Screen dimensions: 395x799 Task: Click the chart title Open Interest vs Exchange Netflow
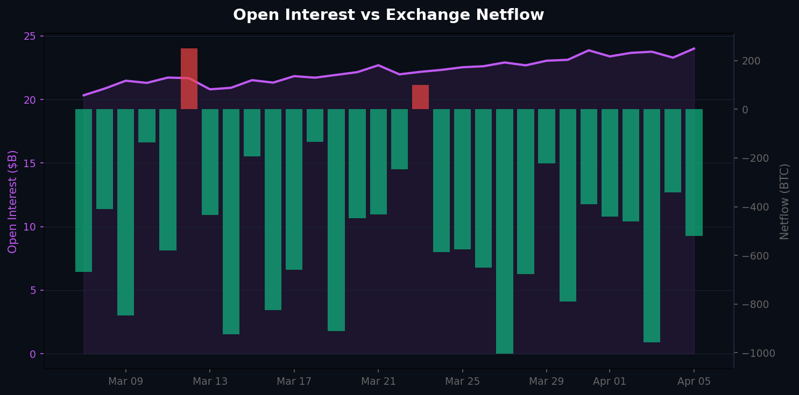tap(388, 15)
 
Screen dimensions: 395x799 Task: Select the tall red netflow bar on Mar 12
tap(189, 78)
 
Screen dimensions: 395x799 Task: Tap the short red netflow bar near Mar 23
tap(420, 97)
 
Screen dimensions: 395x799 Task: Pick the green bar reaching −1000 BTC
tap(504, 231)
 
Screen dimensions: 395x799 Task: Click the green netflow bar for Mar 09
tap(125, 212)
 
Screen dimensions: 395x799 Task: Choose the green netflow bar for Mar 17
tap(294, 189)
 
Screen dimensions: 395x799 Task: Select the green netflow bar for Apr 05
tap(694, 173)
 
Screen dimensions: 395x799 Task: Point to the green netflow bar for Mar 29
tap(546, 136)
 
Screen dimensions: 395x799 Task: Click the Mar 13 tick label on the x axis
tap(210, 382)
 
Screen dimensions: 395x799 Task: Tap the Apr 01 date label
tap(609, 382)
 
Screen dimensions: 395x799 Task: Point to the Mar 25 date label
tap(462, 382)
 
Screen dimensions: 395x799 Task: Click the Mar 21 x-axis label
tap(378, 382)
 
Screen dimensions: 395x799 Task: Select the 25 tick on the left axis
tap(30, 36)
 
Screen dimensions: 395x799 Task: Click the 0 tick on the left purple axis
tap(33, 354)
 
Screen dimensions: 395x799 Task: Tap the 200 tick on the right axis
tap(751, 61)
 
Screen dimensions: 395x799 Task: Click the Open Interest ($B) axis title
tap(13, 202)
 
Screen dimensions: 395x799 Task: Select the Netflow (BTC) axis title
tap(784, 202)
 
